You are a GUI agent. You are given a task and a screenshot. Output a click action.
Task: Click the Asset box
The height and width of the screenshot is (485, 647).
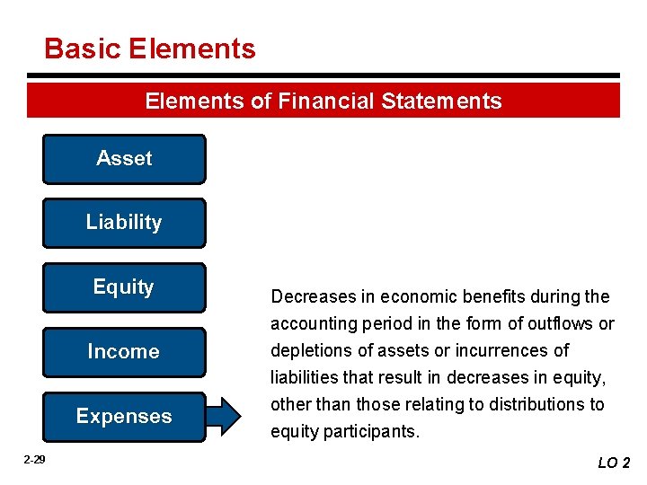[x=124, y=159]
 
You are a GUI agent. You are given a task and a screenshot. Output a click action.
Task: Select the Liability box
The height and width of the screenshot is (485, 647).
[x=124, y=223]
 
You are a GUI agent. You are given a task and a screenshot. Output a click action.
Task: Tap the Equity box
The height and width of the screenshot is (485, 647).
[x=124, y=287]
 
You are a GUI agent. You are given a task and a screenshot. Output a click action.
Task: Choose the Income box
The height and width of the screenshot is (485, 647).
[x=124, y=352]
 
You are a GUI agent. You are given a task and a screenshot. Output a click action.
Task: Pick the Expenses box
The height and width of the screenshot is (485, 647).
[x=124, y=417]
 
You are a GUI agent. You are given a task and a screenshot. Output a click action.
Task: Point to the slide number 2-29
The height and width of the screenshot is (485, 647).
[x=34, y=460]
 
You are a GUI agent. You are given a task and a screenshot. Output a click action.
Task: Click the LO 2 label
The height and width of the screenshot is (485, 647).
[x=614, y=463]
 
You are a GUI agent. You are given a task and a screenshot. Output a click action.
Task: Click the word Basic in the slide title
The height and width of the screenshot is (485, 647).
[x=82, y=48]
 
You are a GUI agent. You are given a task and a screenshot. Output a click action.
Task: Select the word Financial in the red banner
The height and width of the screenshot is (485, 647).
[x=325, y=101]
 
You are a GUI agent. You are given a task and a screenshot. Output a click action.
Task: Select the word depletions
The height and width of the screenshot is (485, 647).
[x=310, y=350]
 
